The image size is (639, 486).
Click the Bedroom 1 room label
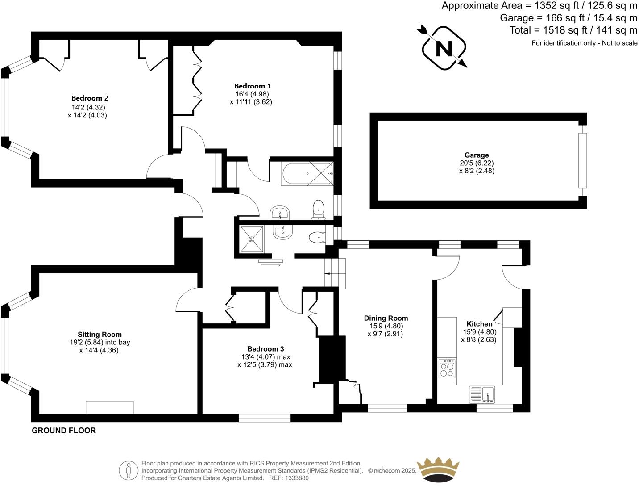click(253, 86)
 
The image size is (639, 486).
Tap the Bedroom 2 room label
click(90, 98)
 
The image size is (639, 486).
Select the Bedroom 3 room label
click(266, 349)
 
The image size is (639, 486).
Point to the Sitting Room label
click(100, 334)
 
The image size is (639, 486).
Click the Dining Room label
click(386, 318)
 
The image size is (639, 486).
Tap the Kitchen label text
click(480, 324)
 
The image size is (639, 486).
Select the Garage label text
click(477, 155)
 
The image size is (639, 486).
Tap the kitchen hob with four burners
click(447, 369)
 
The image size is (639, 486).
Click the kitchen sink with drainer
click(482, 394)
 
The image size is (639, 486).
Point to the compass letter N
click(444, 48)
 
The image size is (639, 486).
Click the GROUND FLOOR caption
click(64, 431)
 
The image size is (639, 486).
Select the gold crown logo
click(438, 470)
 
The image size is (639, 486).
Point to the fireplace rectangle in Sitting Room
click(110, 407)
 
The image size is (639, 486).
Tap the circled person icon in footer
click(129, 470)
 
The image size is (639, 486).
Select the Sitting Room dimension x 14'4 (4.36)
click(99, 350)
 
